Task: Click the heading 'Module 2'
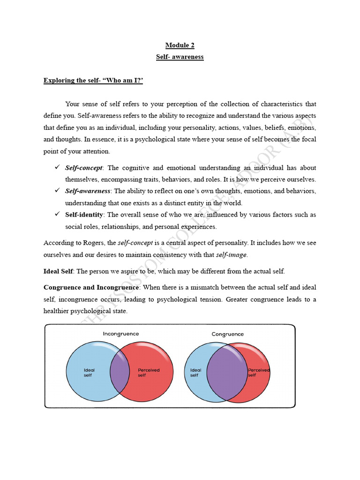[x=180, y=45]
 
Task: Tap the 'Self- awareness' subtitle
[x=180, y=57]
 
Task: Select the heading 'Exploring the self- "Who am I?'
[x=93, y=81]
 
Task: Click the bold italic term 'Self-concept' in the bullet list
[x=84, y=168]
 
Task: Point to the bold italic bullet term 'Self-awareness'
[x=88, y=191]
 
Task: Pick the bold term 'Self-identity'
[x=84, y=215]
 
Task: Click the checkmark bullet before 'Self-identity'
[x=57, y=214]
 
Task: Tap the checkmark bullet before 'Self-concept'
[x=57, y=167]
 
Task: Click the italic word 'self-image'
[x=231, y=255]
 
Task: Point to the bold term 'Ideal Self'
[x=59, y=271]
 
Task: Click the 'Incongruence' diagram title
[x=121, y=334]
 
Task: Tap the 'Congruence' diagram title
[x=228, y=334]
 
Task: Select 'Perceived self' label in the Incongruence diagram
[x=149, y=373]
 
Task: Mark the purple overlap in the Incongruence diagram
[x=120, y=371]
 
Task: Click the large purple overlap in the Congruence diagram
[x=227, y=372]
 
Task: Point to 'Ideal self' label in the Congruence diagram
[x=195, y=373]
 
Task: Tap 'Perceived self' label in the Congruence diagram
[x=258, y=373]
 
